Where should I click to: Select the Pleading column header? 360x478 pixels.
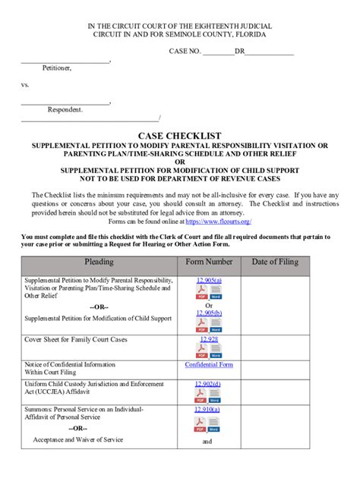point(99,262)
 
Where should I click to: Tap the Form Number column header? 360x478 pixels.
point(209,262)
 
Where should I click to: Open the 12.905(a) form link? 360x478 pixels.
point(209,280)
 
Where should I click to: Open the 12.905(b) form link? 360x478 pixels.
point(209,313)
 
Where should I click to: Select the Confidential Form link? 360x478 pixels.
point(209,365)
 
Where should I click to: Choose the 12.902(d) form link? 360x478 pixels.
point(209,384)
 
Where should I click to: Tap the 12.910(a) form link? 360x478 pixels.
point(209,409)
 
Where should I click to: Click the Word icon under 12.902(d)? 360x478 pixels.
point(216,396)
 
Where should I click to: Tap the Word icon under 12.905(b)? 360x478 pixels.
point(216,325)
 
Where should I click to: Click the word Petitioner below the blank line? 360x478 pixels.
point(57,68)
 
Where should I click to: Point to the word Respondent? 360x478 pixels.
point(65,109)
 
